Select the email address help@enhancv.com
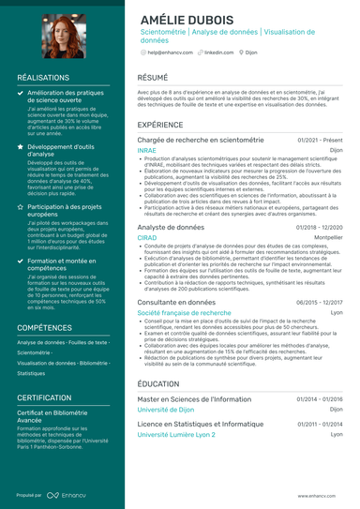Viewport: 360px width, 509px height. (172, 53)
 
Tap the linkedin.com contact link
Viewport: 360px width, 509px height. (219, 53)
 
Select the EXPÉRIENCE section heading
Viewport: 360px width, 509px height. (160, 124)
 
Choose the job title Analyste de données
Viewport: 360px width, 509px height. (170, 227)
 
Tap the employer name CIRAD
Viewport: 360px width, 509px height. (147, 238)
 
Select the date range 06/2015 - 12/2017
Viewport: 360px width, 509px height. (320, 303)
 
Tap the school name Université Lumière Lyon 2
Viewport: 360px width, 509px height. (175, 435)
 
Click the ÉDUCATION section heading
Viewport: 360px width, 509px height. (158, 384)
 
